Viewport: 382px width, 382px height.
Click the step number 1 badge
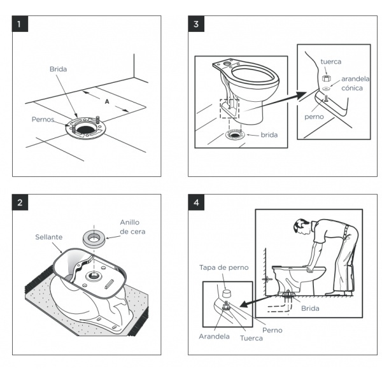tap(22, 25)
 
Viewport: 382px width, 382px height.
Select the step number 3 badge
tap(197, 25)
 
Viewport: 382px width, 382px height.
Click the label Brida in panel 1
tap(58, 69)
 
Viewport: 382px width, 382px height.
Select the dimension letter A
tap(106, 101)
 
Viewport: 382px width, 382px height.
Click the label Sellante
tap(48, 236)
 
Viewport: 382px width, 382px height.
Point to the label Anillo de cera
tap(132, 227)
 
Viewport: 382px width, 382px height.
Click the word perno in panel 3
tap(314, 117)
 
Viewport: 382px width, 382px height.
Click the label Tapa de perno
tap(223, 267)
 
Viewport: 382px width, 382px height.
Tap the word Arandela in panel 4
tap(214, 336)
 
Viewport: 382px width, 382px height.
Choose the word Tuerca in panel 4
tap(251, 338)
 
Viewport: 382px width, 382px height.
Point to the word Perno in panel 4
tap(271, 330)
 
